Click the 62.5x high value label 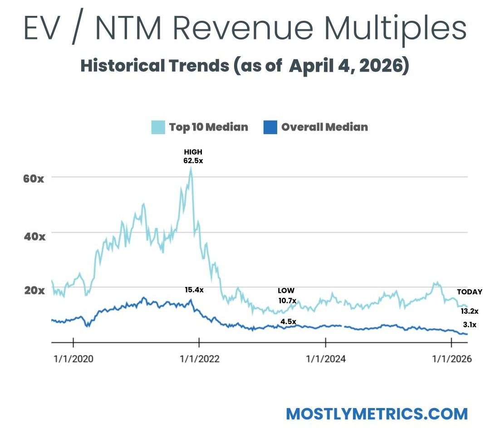(x=193, y=160)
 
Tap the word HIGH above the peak (x=193, y=152)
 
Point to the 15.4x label (x=194, y=290)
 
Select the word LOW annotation (x=286, y=291)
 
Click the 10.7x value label (x=287, y=300)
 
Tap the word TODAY (x=469, y=292)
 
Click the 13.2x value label (x=470, y=311)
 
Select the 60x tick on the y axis (x=34, y=178)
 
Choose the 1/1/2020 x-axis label (x=73, y=359)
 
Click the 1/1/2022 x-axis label (x=199, y=359)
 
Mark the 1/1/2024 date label (x=325, y=359)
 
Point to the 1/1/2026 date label (x=451, y=359)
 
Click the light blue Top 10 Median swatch (x=158, y=127)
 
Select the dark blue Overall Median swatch (x=270, y=127)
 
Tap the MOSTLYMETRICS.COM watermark (x=377, y=413)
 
